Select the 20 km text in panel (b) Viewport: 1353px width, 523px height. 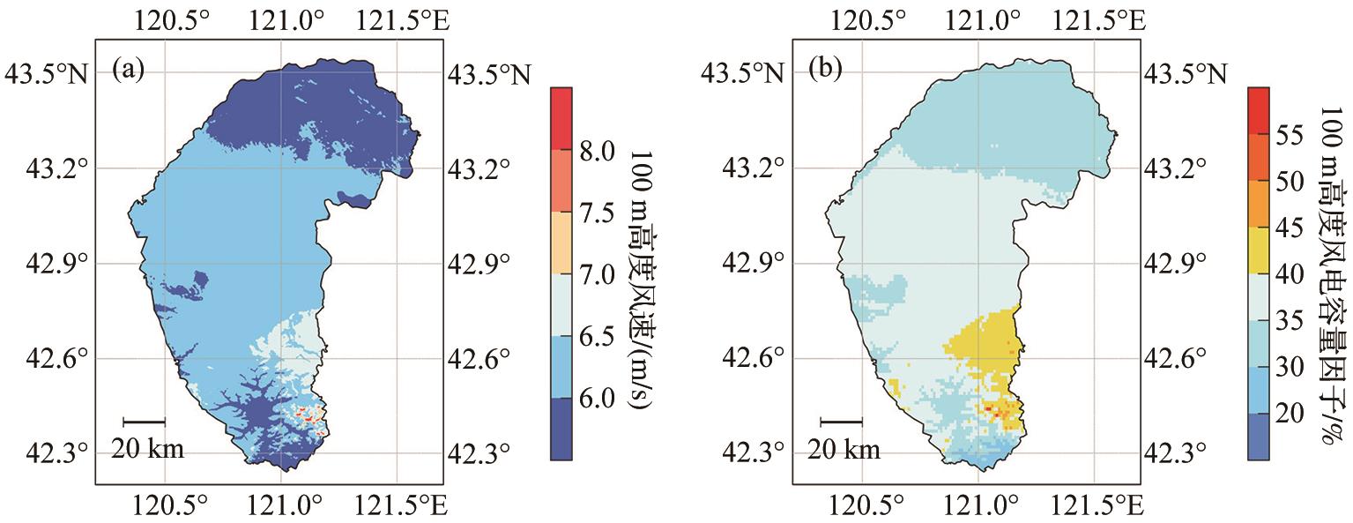click(844, 450)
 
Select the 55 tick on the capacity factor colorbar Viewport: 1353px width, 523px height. click(1295, 136)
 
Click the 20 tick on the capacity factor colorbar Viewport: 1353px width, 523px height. click(1295, 414)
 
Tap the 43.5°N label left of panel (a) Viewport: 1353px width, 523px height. click(48, 73)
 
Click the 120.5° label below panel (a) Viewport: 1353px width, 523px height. click(165, 504)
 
